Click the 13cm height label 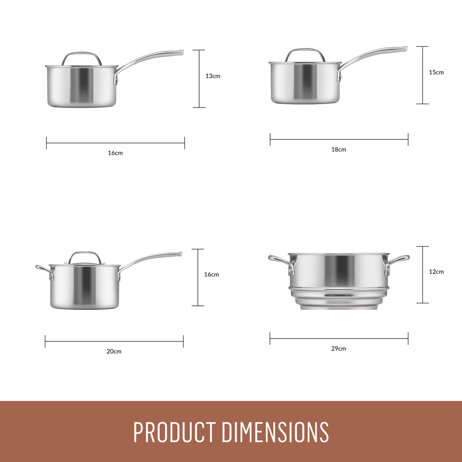point(213,76)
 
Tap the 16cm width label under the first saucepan point(115,153)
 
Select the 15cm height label point(436,72)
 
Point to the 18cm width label point(339,150)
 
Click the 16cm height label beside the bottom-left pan point(211,274)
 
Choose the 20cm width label point(114,351)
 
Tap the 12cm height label point(436,272)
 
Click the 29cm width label point(339,349)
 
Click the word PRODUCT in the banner point(175,432)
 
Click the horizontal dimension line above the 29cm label point(339,339)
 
